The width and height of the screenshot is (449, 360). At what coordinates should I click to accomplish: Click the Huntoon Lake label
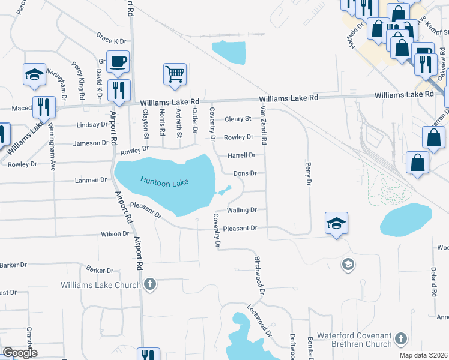164,181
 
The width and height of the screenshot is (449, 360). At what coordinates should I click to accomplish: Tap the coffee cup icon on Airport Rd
118,61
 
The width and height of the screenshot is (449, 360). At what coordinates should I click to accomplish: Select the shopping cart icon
175,74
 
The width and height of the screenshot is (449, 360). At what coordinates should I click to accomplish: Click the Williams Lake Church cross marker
149,284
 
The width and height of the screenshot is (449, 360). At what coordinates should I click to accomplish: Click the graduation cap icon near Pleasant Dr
337,224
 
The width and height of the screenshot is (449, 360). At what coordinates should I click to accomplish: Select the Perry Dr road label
309,172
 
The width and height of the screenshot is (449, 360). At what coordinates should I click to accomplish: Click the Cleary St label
238,119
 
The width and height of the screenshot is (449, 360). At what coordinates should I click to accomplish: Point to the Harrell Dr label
241,155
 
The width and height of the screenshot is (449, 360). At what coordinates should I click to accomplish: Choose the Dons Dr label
244,173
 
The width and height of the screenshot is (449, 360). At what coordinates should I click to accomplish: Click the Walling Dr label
242,210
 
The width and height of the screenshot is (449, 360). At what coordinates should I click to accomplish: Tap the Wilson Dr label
115,233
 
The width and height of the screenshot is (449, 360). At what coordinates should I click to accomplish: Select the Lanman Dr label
91,179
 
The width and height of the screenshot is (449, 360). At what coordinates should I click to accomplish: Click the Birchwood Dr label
259,276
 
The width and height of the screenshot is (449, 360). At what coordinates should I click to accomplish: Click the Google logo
20,353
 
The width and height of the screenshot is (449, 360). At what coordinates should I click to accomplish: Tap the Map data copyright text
427,355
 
